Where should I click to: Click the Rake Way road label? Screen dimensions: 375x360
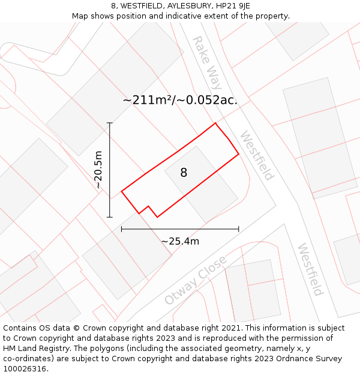206,62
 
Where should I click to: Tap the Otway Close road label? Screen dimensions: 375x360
196,280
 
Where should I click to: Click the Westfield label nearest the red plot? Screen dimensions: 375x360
257,155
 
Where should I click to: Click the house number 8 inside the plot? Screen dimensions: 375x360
184,173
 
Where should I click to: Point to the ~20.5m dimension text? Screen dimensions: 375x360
98,170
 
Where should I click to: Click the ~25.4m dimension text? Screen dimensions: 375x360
180,241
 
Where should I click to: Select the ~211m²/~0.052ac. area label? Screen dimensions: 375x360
180,100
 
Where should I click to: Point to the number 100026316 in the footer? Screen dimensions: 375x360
25,369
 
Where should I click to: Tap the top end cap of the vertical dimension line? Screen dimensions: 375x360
110,123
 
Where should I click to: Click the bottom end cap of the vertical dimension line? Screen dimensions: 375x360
110,217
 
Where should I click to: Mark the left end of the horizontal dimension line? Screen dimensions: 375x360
122,229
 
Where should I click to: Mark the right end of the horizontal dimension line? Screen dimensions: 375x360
239,229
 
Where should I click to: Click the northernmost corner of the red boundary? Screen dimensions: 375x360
215,124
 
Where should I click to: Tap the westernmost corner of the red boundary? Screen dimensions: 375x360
122,191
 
